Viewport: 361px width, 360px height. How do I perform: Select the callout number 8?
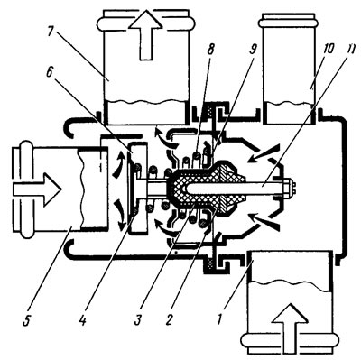210,50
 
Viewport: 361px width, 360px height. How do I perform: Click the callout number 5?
26,320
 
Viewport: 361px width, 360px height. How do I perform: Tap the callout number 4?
81,320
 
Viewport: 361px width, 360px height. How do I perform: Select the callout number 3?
138,320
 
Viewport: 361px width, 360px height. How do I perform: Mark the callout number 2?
170,320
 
